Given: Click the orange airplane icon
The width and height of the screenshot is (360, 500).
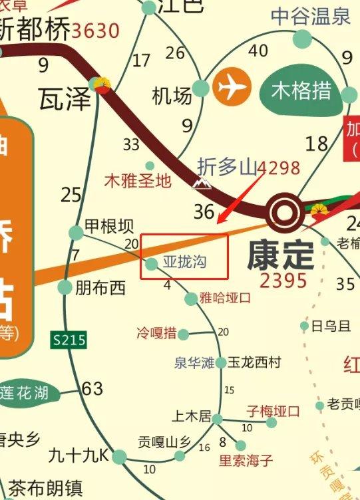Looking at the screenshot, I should [x=232, y=87].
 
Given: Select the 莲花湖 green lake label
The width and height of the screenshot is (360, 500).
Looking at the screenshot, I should [x=25, y=392].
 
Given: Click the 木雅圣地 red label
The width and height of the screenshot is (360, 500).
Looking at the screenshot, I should [x=138, y=180].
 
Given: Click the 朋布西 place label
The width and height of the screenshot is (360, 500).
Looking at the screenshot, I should [x=100, y=288].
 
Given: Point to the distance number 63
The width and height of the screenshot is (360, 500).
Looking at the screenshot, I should [x=92, y=388].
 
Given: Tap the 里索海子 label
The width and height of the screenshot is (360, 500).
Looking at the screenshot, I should [x=246, y=460].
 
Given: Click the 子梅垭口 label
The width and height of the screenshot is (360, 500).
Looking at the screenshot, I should [x=273, y=410].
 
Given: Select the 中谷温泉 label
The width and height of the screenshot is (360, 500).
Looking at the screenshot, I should [x=311, y=17].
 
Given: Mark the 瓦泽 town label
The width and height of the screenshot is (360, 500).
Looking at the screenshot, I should [x=64, y=98].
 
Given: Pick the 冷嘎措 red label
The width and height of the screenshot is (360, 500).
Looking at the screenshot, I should [x=156, y=332].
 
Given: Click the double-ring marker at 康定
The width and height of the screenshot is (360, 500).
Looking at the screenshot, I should [x=284, y=213].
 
